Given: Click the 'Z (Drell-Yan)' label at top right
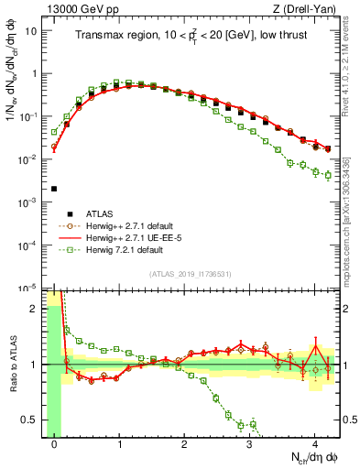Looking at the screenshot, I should tap(307, 9).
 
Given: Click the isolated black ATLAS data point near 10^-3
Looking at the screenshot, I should tap(54, 189).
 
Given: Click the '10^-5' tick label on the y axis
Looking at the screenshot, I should tap(29, 288).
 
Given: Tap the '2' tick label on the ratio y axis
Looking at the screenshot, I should tap(35, 308).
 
